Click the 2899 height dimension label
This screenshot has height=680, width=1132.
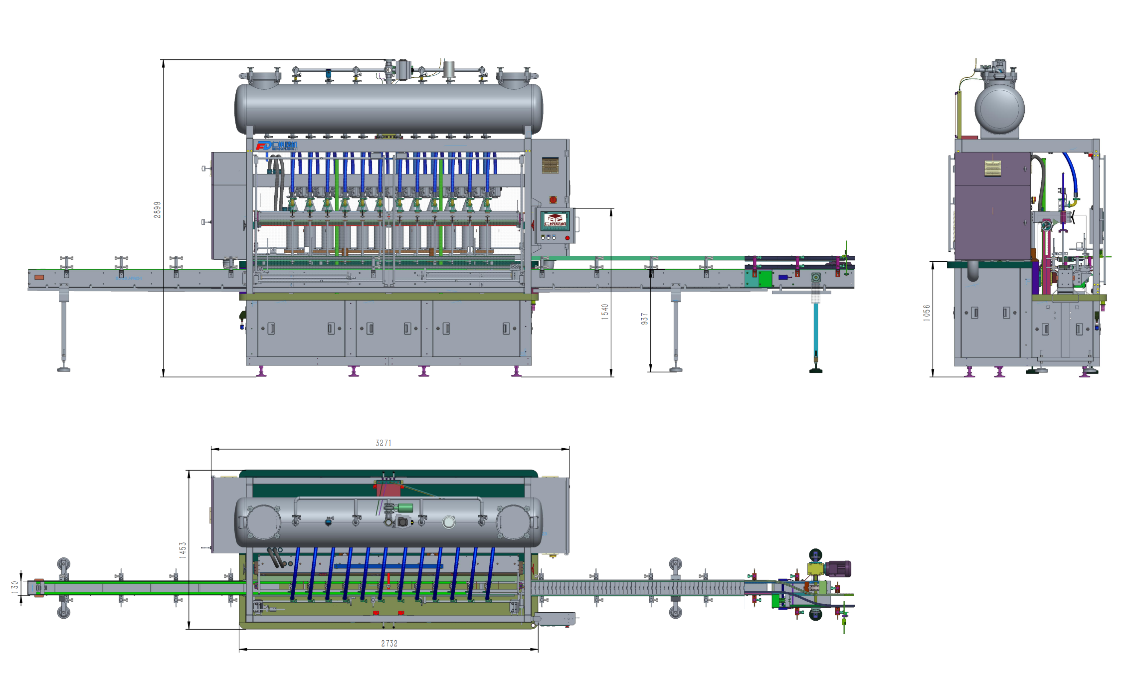pos(157,209)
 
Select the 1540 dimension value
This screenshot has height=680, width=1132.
pos(605,312)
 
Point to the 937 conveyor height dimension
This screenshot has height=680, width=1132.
pos(644,319)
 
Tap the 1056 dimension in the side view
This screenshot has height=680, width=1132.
pos(927,313)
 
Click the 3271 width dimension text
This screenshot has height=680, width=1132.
pos(383,443)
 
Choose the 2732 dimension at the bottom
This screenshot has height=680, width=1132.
pos(389,644)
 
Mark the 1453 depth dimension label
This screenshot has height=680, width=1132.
pos(183,549)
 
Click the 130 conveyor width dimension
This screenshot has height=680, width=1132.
pos(15,586)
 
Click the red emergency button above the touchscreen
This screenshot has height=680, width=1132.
pos(553,200)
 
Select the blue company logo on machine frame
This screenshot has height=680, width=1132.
pos(276,146)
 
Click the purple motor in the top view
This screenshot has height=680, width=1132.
pos(838,569)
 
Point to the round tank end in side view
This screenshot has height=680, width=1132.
pos(999,109)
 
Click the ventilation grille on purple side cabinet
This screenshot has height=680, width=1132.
pos(992,169)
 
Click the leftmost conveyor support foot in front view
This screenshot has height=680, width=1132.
pos(64,369)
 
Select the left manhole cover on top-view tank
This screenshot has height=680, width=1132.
pos(263,522)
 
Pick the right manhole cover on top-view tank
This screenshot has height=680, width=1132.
pos(514,522)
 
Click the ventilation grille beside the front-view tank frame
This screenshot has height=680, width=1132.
pos(550,166)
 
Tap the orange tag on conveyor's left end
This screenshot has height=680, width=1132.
pos(39,277)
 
